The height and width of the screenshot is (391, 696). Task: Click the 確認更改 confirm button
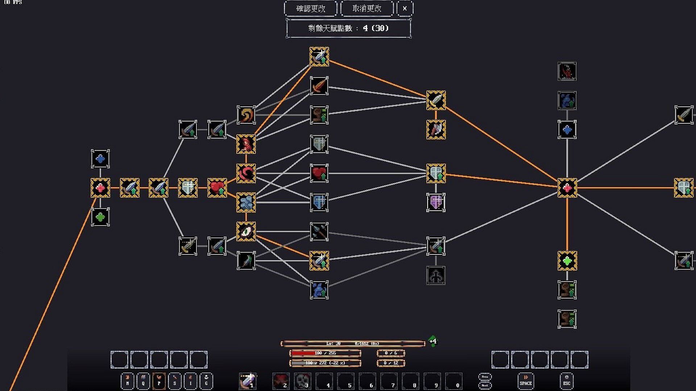point(311,8)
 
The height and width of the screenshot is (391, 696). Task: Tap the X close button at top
point(405,8)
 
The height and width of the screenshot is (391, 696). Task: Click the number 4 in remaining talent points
point(365,28)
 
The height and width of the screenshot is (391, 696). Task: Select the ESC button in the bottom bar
point(567,381)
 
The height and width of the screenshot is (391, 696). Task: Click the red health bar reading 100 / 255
point(325,353)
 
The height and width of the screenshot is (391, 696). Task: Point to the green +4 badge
point(433,341)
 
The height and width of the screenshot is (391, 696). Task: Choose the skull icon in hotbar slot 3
point(302,381)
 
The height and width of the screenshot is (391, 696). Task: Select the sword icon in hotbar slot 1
point(248,381)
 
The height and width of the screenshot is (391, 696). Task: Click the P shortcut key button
point(159,381)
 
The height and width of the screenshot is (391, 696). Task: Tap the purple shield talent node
point(436,202)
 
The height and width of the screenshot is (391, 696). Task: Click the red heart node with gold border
point(217,188)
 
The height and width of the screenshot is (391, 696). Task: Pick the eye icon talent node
point(246,231)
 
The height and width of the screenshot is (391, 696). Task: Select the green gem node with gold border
point(567,261)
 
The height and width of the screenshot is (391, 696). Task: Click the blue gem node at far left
point(100,159)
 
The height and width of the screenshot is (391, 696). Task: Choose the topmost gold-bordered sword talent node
point(319,56)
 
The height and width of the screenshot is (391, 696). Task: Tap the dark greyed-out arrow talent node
point(436,275)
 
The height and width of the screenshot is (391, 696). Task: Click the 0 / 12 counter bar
point(391,363)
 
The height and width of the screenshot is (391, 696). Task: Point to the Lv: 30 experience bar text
point(333,343)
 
